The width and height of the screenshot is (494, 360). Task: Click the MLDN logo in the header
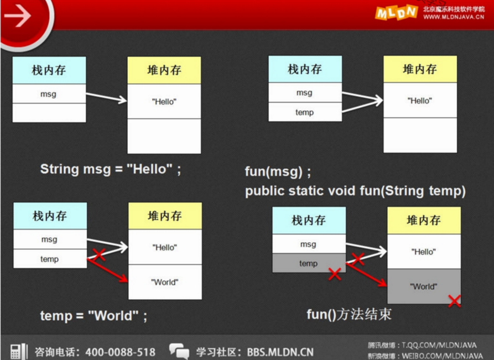396,13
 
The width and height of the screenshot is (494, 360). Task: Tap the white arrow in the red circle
18,15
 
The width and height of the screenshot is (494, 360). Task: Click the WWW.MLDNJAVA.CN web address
454,17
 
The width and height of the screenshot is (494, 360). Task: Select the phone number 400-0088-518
121,352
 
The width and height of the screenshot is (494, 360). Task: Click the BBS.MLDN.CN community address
280,352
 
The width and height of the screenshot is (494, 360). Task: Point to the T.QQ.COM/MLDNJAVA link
439,345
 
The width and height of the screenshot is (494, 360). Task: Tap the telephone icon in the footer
19,351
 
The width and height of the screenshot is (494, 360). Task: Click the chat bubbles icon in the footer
179,351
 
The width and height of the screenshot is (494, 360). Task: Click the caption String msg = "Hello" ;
111,169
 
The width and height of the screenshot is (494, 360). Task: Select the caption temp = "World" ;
93,316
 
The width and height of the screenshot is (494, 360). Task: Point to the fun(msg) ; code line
278,171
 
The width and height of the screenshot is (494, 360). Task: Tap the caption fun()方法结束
349,314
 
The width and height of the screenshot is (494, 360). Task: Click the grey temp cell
309,263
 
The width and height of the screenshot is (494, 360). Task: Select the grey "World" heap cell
424,286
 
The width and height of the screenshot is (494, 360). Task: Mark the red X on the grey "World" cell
454,301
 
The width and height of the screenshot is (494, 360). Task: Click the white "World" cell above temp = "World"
165,282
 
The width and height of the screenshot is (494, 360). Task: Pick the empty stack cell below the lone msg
49,113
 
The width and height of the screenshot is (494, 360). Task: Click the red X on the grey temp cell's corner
335,274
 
